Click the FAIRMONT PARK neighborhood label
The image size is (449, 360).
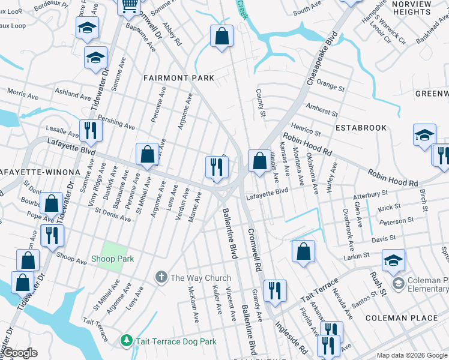point(170,78)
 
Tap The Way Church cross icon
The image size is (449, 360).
point(161,277)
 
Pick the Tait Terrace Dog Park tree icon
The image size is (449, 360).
point(126,341)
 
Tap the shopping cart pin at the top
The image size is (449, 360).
point(129,6)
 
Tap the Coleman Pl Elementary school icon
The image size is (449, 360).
point(397,283)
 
